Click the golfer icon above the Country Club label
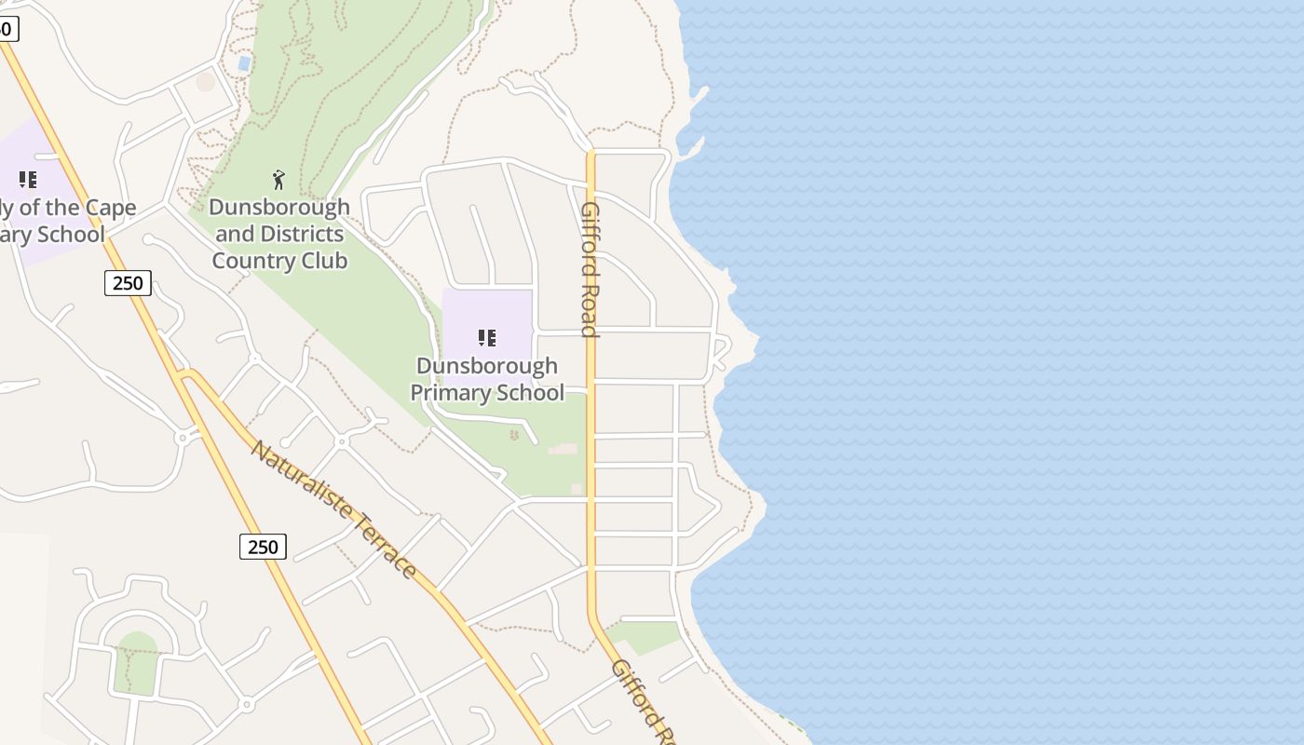pyautogui.click(x=278, y=179)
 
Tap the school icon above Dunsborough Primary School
pyautogui.click(x=486, y=337)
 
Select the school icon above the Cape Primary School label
pyautogui.click(x=28, y=179)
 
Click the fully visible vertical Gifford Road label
pyautogui.click(x=589, y=269)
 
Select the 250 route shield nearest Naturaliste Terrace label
pyautogui.click(x=263, y=547)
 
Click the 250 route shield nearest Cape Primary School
pyautogui.click(x=128, y=283)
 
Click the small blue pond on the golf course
pyautogui.click(x=244, y=63)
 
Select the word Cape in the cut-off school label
pyautogui.click(x=111, y=207)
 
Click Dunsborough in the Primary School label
pyautogui.click(x=487, y=366)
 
